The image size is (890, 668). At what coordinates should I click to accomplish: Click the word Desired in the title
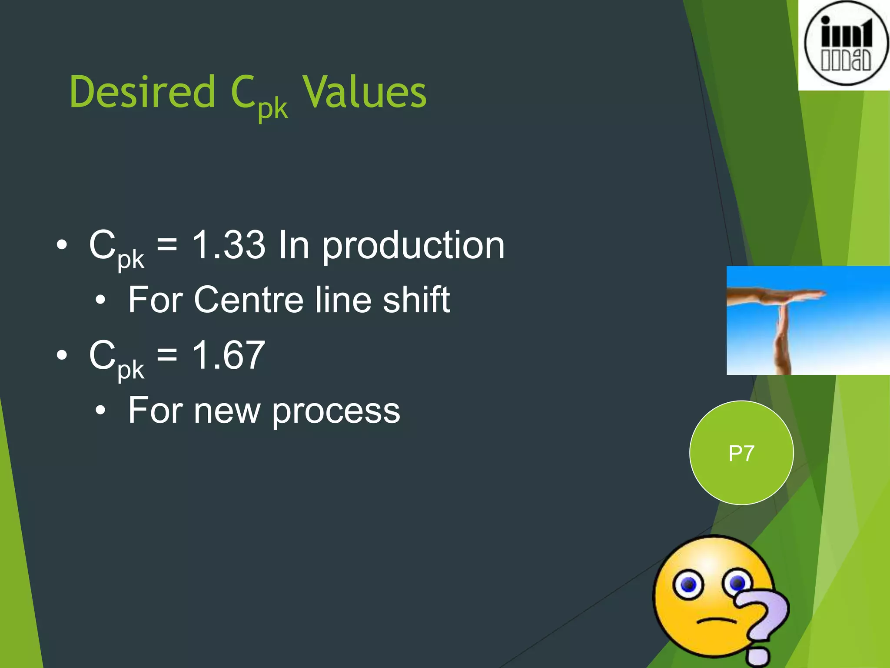click(142, 92)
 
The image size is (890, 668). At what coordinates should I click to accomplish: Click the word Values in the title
click(364, 92)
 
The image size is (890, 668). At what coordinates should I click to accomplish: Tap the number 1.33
click(229, 245)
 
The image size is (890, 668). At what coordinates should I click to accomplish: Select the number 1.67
click(229, 355)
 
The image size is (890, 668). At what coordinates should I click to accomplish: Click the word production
click(413, 247)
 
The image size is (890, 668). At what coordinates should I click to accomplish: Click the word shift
click(416, 300)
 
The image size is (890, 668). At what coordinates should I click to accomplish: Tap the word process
click(336, 411)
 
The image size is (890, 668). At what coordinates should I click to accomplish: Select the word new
click(226, 411)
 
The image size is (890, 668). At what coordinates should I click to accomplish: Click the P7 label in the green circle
click(741, 453)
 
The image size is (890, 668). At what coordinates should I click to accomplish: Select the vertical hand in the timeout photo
click(782, 339)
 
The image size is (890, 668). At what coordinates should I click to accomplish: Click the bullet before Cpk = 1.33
click(62, 245)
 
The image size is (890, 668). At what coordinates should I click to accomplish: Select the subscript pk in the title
click(273, 109)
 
